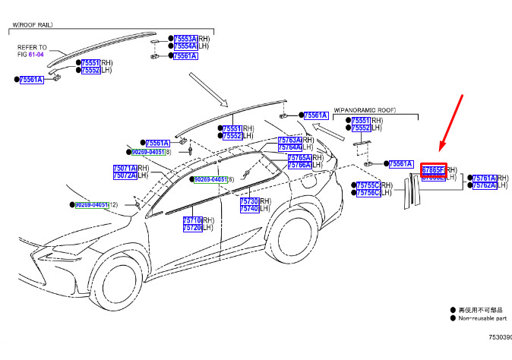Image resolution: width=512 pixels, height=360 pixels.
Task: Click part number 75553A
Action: point(185,38)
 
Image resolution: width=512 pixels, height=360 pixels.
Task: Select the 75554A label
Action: point(185,46)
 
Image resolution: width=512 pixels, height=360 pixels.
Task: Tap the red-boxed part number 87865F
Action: point(433,169)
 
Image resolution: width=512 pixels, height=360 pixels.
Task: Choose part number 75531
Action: point(232,128)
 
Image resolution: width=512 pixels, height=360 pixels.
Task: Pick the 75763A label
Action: point(289,141)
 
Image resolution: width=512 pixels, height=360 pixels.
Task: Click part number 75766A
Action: point(299,165)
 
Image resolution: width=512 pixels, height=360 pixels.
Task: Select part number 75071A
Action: point(124,168)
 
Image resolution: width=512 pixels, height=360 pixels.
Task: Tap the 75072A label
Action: point(124,175)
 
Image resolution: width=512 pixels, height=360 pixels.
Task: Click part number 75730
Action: point(249,201)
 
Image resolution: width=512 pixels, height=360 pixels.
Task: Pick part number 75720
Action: point(191,228)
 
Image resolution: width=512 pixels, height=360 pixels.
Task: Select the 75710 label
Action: point(191,220)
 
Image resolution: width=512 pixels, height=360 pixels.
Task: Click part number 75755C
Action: point(368,185)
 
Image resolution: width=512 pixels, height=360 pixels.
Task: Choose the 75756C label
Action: point(368,193)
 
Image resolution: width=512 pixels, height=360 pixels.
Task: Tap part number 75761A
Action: point(484,178)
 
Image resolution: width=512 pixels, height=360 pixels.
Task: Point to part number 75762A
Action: point(484,185)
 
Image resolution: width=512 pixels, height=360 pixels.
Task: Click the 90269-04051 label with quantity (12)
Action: point(91,205)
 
